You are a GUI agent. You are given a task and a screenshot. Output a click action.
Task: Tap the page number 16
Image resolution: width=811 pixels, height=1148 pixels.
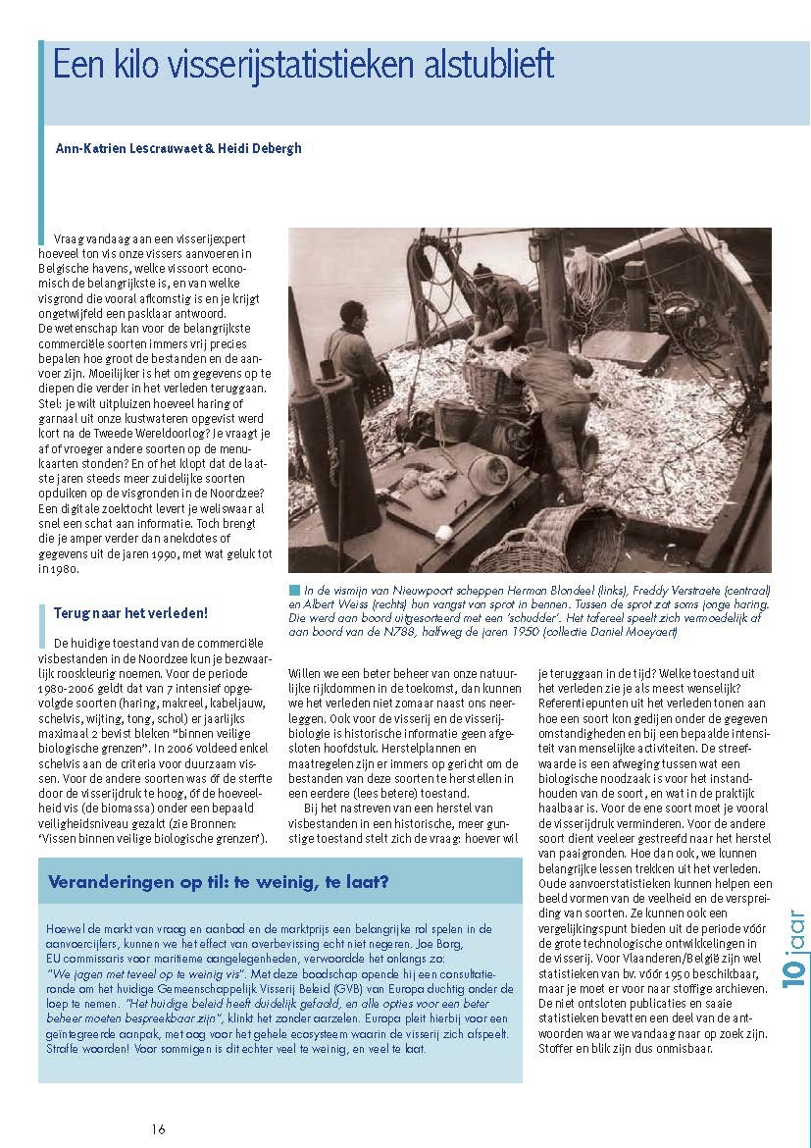159,1128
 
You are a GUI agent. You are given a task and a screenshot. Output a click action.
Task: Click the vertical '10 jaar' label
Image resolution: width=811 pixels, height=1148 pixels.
794,947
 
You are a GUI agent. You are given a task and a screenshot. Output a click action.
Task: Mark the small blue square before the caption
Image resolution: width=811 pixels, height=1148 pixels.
294,591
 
